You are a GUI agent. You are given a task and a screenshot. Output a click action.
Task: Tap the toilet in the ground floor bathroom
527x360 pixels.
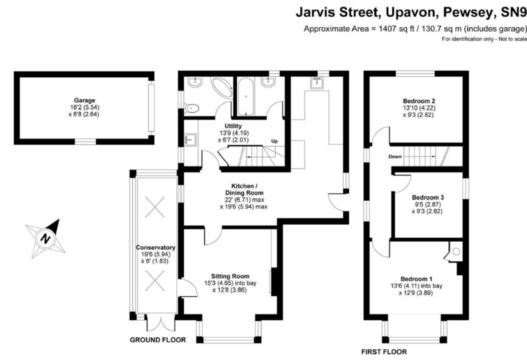192,107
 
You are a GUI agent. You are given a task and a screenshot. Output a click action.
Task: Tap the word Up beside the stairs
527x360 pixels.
273,141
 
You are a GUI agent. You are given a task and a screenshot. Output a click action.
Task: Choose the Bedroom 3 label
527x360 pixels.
424,197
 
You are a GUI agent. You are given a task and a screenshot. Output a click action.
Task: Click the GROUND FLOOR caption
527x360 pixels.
157,340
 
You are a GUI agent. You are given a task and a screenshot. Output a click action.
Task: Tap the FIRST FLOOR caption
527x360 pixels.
384,351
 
